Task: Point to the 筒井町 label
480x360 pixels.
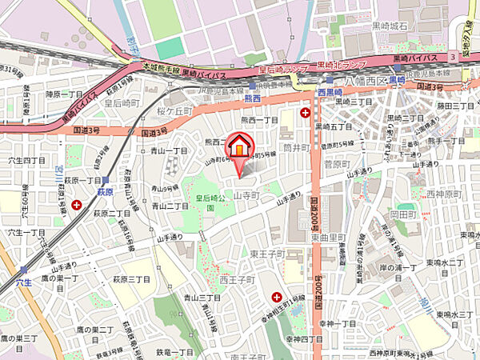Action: [x=296, y=149]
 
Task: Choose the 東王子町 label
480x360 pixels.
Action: [x=244, y=254]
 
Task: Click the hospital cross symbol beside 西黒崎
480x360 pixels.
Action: [x=304, y=114]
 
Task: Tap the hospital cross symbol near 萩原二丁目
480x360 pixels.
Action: [x=76, y=206]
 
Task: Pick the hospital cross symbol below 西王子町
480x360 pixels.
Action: [x=277, y=295]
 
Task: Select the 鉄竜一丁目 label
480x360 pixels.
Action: [x=175, y=352]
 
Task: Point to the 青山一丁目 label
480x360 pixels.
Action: [x=168, y=149]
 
